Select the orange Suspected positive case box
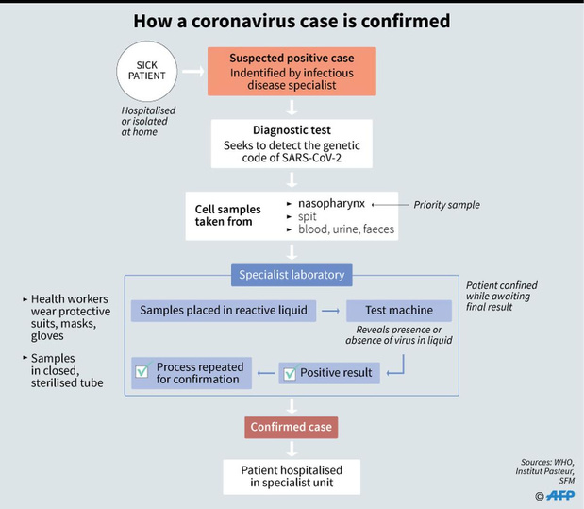[x=292, y=71]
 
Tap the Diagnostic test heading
[x=292, y=130]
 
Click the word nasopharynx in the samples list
[x=331, y=204]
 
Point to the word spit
[x=308, y=216]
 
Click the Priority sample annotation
[x=446, y=205]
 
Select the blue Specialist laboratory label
[x=292, y=275]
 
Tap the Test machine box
[x=399, y=311]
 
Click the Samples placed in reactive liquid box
[x=224, y=311]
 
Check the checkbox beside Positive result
[x=290, y=374]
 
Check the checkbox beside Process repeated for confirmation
[x=142, y=371]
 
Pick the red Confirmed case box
[x=292, y=427]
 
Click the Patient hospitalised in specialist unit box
[x=292, y=477]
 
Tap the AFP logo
[x=560, y=495]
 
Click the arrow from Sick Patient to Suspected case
[x=192, y=71]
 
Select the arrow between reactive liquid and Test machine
[x=331, y=311]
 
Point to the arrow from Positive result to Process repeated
[x=266, y=373]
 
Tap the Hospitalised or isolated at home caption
[x=148, y=121]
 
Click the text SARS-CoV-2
[x=311, y=158]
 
